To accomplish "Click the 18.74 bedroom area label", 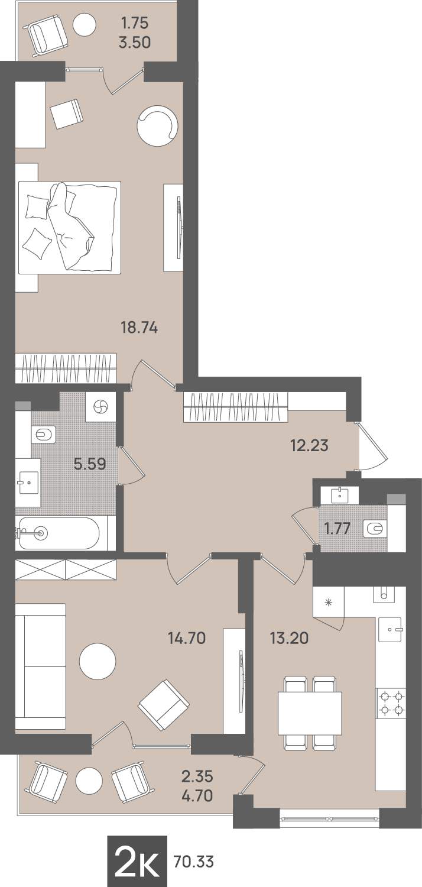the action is pos(139,328).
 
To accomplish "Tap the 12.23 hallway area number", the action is pos(310,446).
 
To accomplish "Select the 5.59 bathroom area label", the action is pos(90,463).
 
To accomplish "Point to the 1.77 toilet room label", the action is pos(337,529).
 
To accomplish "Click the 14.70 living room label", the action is pos(187,638).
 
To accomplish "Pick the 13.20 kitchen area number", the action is pos(290,638).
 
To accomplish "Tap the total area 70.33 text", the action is pos(194,862).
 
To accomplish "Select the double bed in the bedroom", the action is pos(69,228).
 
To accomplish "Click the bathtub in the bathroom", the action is pos(59,533).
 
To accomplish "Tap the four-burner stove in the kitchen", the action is pos(391,703).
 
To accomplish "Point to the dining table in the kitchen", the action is pos(310,713).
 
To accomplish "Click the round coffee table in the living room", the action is pos(98,662).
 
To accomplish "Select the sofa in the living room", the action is pos(40,666).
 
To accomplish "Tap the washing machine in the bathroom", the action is pos(100,407).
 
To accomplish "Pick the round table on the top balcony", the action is pos(85,24).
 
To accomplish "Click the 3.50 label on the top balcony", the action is pos(135,43).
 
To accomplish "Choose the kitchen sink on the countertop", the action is pos(390,629).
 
